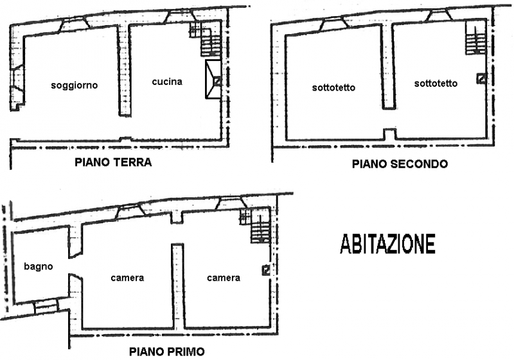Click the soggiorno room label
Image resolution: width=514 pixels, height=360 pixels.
click(75, 85)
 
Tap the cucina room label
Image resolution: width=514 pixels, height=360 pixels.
click(167, 82)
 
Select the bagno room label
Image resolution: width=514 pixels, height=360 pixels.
click(39, 267)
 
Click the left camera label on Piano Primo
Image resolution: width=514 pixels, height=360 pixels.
click(127, 278)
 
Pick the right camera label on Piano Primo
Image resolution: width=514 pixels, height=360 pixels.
click(224, 278)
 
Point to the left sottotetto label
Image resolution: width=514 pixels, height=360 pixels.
click(333, 87)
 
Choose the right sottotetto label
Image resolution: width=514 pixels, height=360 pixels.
click(436, 84)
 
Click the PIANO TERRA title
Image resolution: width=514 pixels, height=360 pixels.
click(114, 162)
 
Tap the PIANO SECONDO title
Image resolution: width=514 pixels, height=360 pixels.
click(400, 164)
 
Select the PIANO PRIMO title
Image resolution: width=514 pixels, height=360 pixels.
click(167, 352)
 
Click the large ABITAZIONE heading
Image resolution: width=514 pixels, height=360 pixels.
click(388, 244)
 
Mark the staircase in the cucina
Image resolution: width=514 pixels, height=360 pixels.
click(206, 39)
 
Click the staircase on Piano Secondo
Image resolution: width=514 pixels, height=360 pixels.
click(475, 39)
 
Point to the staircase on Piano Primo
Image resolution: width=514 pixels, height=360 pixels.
click(256, 226)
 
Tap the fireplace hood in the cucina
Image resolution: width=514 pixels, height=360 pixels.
click(213, 79)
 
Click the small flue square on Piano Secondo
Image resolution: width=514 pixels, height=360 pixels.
click(481, 78)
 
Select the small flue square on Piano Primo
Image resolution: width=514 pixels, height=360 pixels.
click(266, 270)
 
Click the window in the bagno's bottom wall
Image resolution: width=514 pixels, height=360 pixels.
click(46, 305)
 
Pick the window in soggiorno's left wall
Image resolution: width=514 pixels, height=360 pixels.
click(17, 78)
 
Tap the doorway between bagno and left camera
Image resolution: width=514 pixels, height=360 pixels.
click(75, 266)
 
